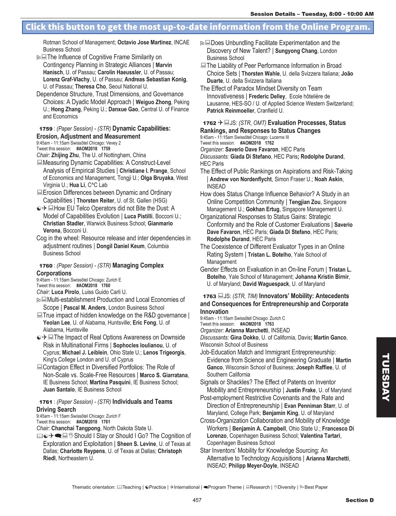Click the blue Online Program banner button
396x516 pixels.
pyautogui.click(x=198, y=27)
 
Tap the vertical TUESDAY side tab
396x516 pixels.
pyautogui.click(x=386, y=377)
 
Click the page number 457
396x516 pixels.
pyautogui.click(x=197, y=500)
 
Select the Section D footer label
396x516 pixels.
pyautogui.click(x=359, y=500)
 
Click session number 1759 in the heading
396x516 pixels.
pyautogui.click(x=46, y=129)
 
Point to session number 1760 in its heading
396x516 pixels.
pyautogui.click(x=46, y=266)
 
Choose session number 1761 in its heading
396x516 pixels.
pyautogui.click(x=46, y=402)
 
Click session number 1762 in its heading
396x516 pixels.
pyautogui.click(x=210, y=123)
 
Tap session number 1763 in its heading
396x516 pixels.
pyautogui.click(x=210, y=296)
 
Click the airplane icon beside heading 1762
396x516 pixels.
pyautogui.click(x=220, y=123)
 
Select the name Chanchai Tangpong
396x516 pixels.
pyautogui.click(x=76, y=428)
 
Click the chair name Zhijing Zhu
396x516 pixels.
pyautogui.click(x=65, y=155)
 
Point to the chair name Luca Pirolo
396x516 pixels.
pyautogui.click(x=65, y=292)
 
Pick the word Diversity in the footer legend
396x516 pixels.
pyautogui.click(x=286, y=487)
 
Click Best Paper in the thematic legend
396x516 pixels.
pyautogui.click(x=316, y=487)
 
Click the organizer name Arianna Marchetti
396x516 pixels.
pyautogui.click(x=247, y=330)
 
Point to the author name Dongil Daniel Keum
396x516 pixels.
pyautogui.click(x=120, y=246)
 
